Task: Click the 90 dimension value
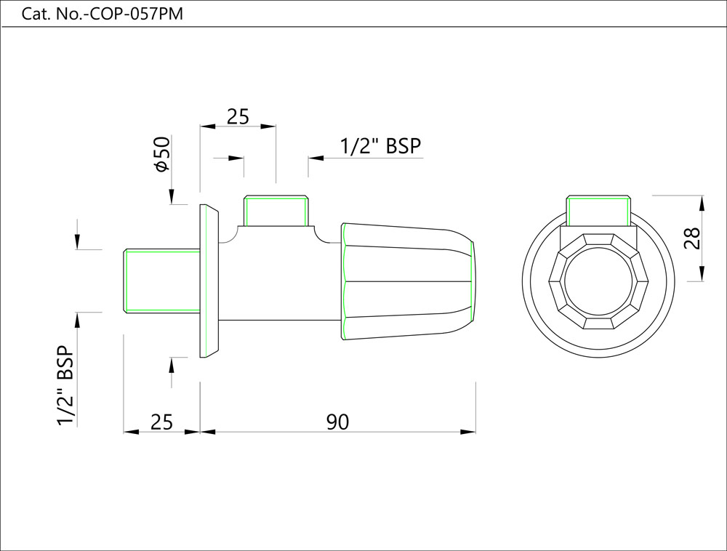337,422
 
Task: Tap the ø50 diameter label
161,154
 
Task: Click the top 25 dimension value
238,116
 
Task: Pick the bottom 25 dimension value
161,422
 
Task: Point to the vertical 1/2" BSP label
66,385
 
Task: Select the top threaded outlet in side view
276,211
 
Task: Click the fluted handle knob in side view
407,281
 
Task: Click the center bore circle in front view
598,281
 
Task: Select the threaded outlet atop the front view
598,211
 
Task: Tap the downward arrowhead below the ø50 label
172,197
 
